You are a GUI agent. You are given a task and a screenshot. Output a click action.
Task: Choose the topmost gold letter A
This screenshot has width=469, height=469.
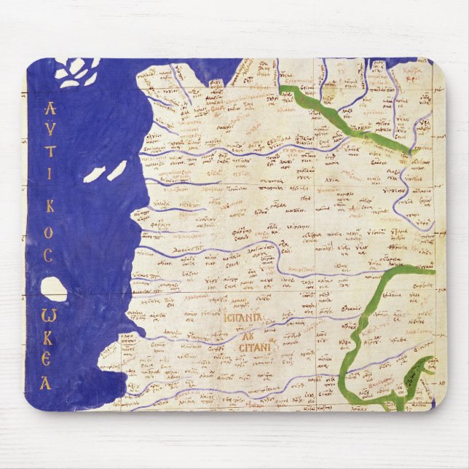pos(50,109)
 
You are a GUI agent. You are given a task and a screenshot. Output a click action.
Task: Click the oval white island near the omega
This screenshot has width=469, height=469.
pos(53,289)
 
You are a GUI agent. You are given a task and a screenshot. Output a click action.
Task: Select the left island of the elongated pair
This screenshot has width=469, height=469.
pos(93,176)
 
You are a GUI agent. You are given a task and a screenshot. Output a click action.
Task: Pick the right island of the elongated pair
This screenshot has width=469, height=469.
pos(117,170)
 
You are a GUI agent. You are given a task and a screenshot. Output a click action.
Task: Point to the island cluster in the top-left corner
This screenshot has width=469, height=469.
pos(78,71)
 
